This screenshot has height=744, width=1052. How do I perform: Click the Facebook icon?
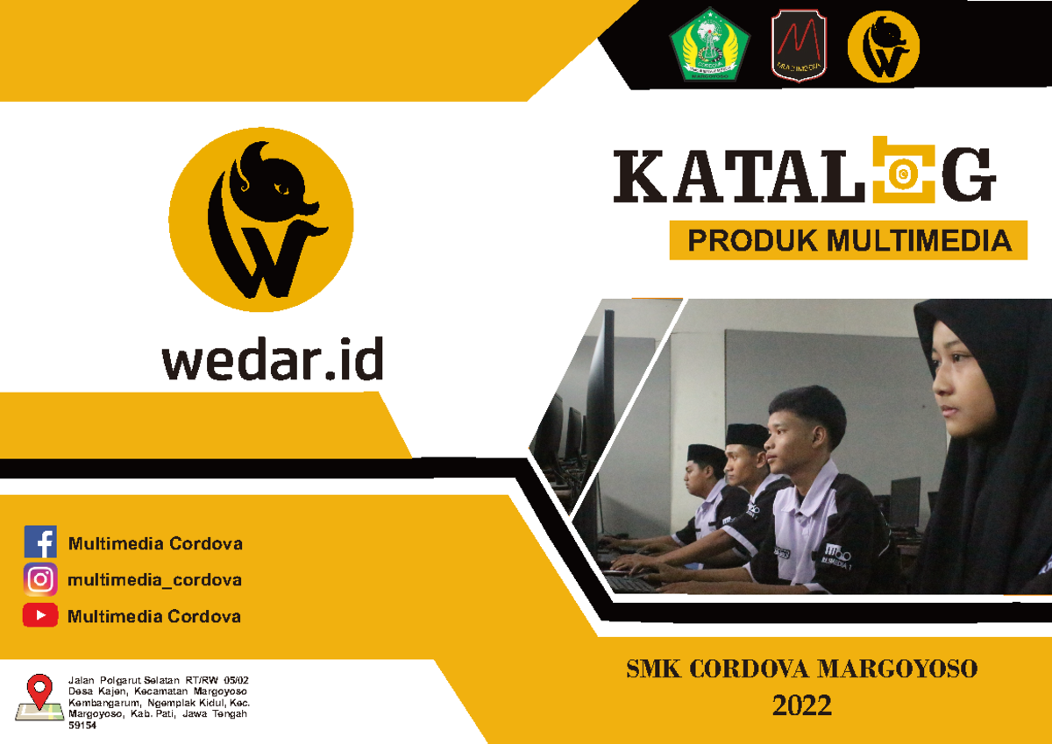40,542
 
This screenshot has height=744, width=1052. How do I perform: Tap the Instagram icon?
40,579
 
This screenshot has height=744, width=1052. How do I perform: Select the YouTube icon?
40,615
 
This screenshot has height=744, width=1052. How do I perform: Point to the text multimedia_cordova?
154,580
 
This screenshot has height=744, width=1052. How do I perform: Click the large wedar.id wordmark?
273,360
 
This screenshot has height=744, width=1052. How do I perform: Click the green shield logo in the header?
709,46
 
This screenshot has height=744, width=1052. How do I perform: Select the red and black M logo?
798,46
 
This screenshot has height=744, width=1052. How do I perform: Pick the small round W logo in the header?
883,46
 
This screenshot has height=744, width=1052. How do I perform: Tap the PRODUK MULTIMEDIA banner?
848,240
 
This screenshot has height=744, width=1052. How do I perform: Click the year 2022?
801,705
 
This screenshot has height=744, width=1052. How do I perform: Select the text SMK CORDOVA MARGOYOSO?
801,670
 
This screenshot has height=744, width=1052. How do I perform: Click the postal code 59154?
82,726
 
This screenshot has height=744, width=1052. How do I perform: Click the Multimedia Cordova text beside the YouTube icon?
154,616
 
